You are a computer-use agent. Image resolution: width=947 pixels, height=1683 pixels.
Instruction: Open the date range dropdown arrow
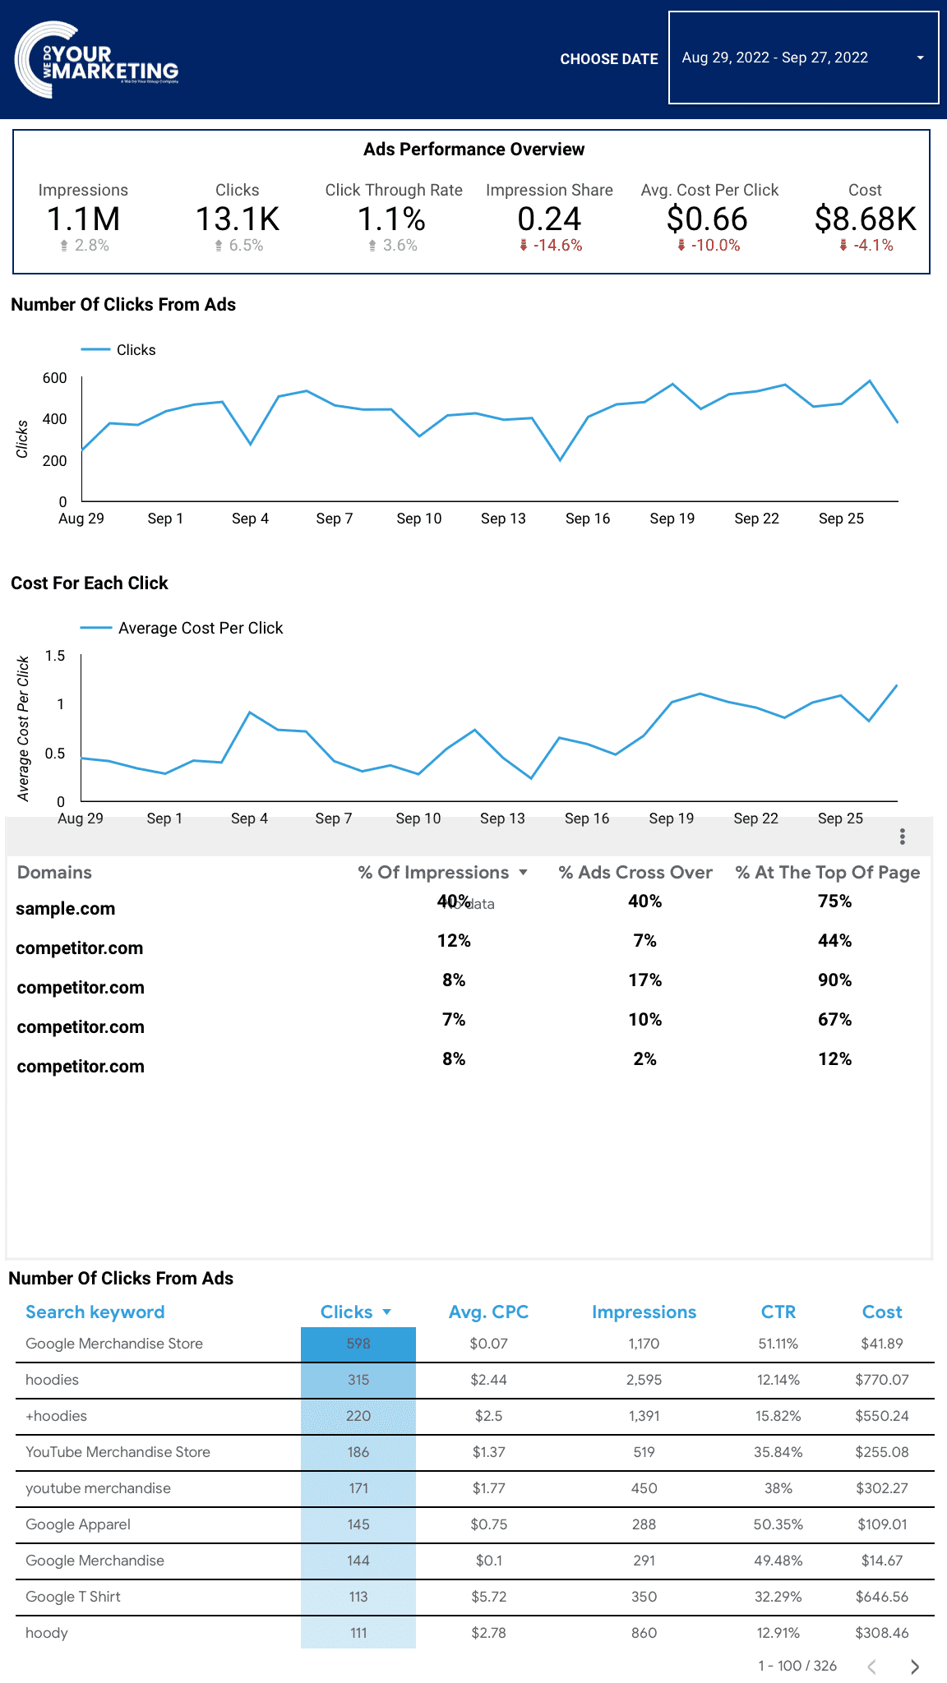920,58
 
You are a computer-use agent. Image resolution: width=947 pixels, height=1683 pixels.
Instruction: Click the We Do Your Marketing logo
96,60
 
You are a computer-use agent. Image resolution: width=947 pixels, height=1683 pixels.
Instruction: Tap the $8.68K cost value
865,219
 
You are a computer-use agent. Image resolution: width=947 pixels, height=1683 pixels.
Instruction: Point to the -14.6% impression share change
557,246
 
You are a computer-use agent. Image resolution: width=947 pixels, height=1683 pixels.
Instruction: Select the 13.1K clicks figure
238,219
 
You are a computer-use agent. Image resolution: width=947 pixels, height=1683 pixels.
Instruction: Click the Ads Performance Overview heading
474,150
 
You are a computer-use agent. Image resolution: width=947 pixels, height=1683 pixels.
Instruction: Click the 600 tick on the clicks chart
55,378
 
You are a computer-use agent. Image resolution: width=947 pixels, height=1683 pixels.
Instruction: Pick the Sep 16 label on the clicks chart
588,519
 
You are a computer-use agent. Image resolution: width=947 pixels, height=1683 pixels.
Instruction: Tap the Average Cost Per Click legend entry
200,629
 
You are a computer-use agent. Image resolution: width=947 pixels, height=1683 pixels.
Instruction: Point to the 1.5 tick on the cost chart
55,656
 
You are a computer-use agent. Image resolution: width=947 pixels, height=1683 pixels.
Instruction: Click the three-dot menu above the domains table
903,837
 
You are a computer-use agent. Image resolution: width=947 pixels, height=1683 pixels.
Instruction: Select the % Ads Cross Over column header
635,873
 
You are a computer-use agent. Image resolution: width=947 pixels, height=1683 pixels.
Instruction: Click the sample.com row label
66,909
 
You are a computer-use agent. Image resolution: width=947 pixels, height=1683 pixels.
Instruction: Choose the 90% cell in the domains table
834,980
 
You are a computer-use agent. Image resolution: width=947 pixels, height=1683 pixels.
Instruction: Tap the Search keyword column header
95,1312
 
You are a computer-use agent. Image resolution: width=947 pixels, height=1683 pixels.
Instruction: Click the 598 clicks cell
358,1344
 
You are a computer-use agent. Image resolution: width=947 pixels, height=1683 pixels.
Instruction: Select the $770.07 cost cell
882,1380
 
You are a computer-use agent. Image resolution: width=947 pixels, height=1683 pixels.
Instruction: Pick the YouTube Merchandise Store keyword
118,1452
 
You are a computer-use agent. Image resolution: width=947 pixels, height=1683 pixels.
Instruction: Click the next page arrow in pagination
915,1667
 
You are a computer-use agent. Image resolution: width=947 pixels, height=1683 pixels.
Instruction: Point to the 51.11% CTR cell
778,1344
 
